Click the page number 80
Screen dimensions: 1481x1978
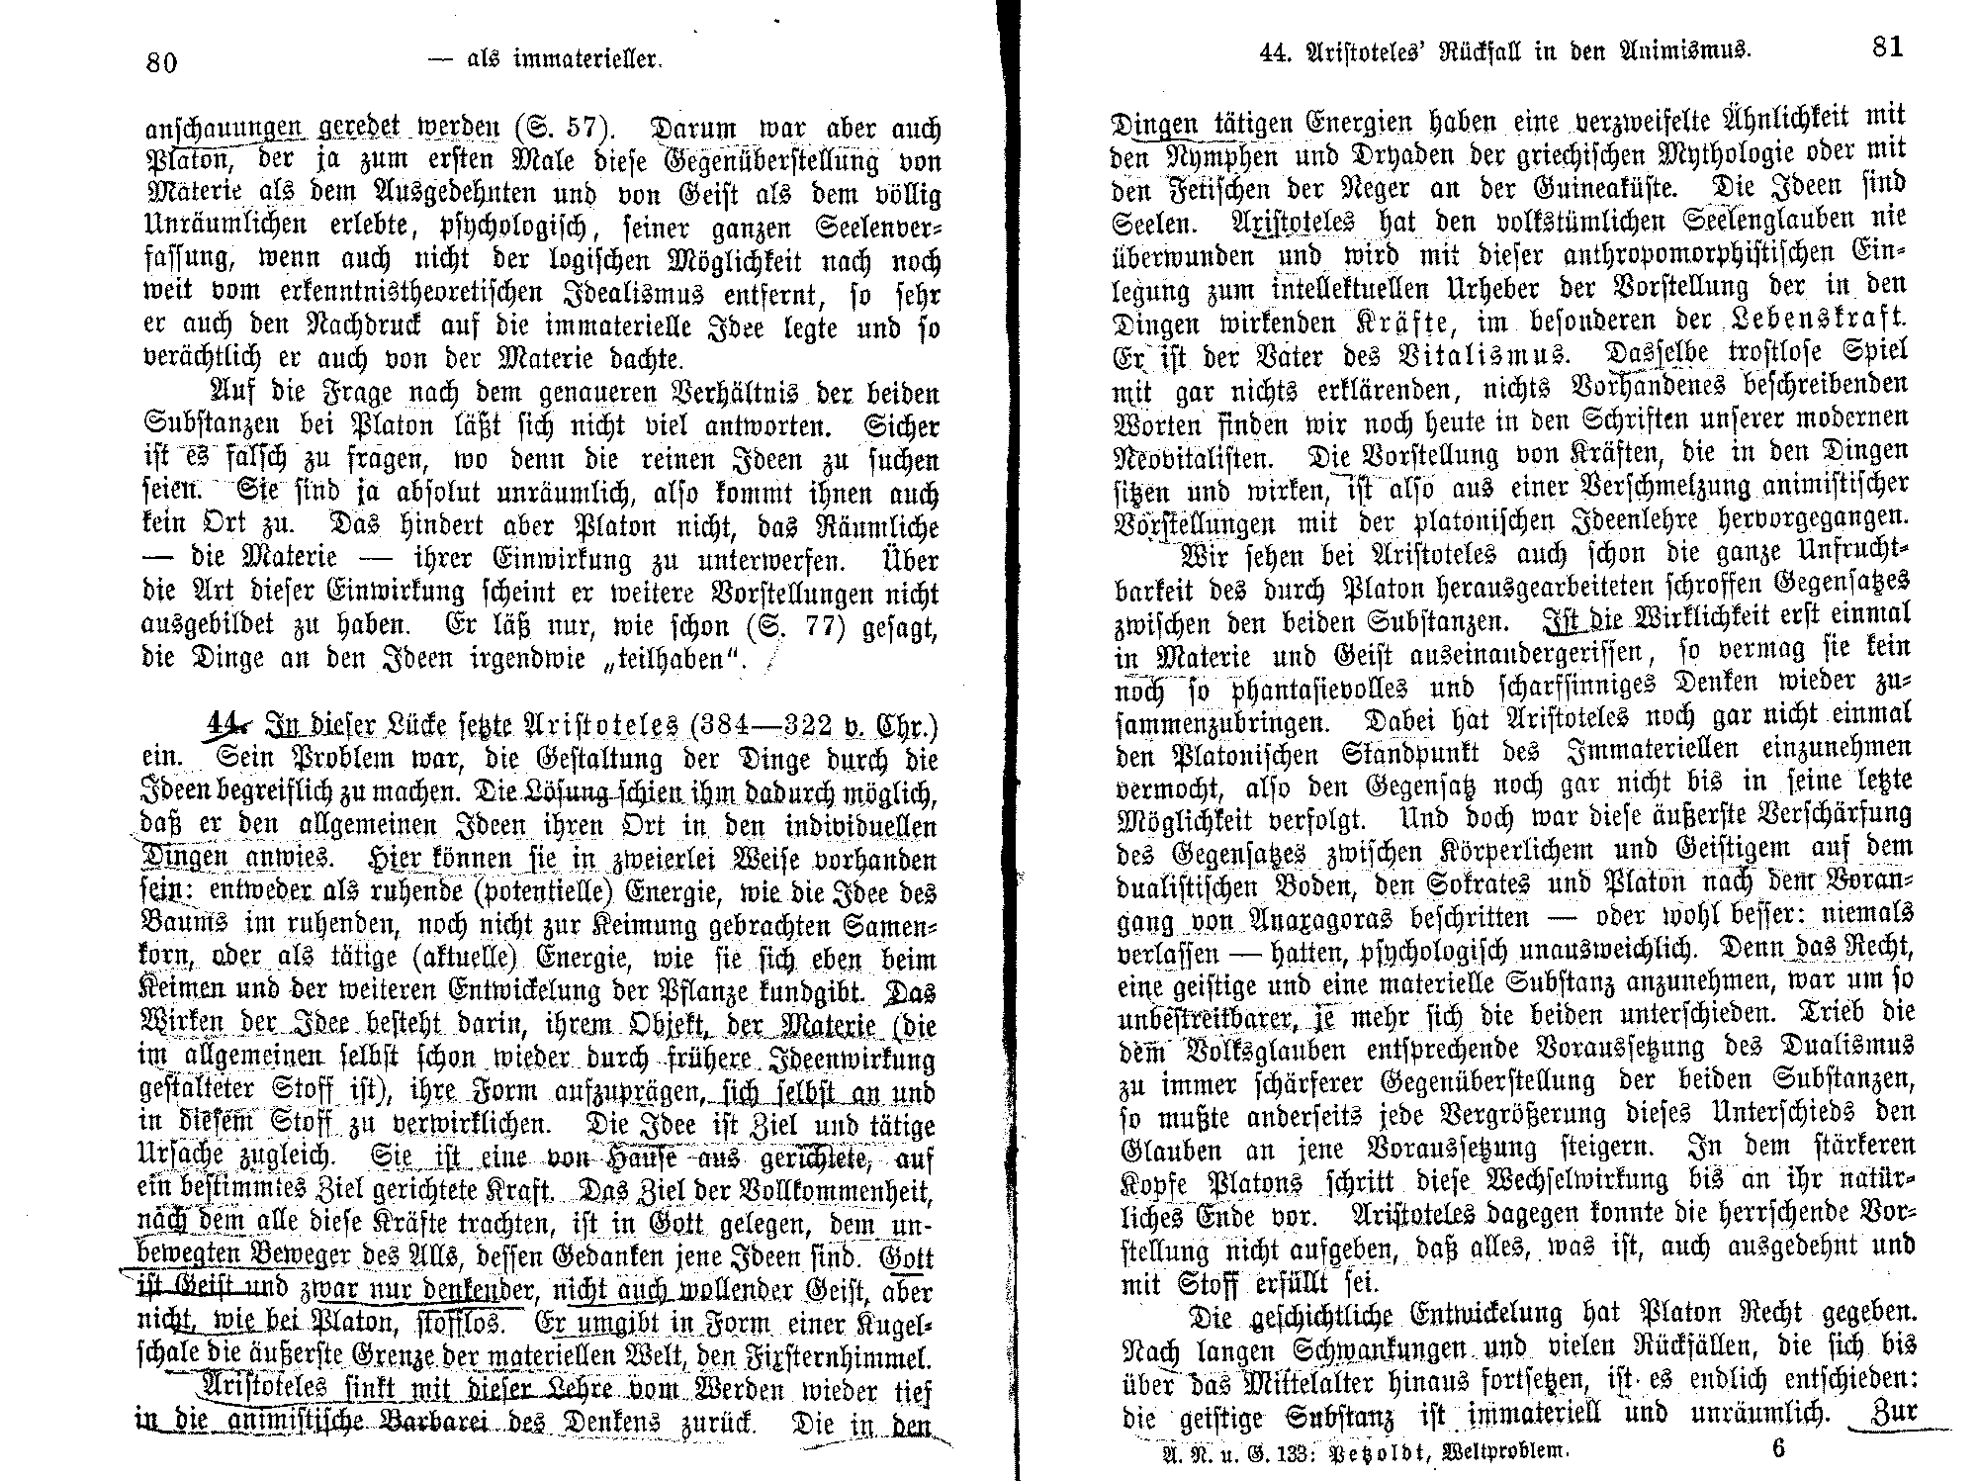(x=161, y=62)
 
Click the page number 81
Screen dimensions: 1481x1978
(x=1888, y=46)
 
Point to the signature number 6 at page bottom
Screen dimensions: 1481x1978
(x=1779, y=1450)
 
